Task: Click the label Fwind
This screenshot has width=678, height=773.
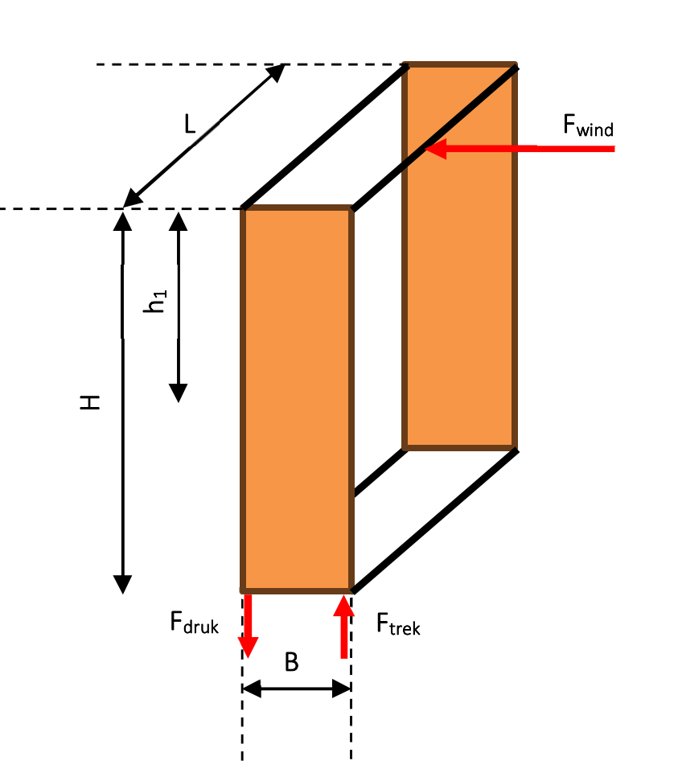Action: [x=588, y=125]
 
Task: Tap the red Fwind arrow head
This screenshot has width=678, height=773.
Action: [x=435, y=148]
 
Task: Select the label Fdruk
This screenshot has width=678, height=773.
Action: [x=194, y=623]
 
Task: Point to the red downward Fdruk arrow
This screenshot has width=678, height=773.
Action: [x=248, y=626]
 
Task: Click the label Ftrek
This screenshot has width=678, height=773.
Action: [x=398, y=624]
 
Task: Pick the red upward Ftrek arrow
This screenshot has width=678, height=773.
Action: [x=343, y=627]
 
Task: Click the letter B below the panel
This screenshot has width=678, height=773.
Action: [x=291, y=662]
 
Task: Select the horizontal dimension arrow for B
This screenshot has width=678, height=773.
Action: [x=296, y=689]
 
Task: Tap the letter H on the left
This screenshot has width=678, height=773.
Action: [x=90, y=402]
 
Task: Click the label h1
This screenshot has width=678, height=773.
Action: [x=155, y=302]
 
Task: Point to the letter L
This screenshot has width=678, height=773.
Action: [x=190, y=124]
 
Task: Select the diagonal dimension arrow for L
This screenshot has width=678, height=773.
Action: [x=203, y=136]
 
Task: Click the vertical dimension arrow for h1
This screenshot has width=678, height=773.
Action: [x=178, y=307]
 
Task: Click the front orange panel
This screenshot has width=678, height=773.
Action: [x=297, y=399]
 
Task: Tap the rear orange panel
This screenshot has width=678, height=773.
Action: [x=459, y=257]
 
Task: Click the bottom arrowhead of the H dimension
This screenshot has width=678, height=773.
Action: [x=123, y=585]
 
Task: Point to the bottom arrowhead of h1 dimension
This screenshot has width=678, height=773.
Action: [x=178, y=393]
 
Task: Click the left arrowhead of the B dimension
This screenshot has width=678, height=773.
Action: [x=252, y=689]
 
